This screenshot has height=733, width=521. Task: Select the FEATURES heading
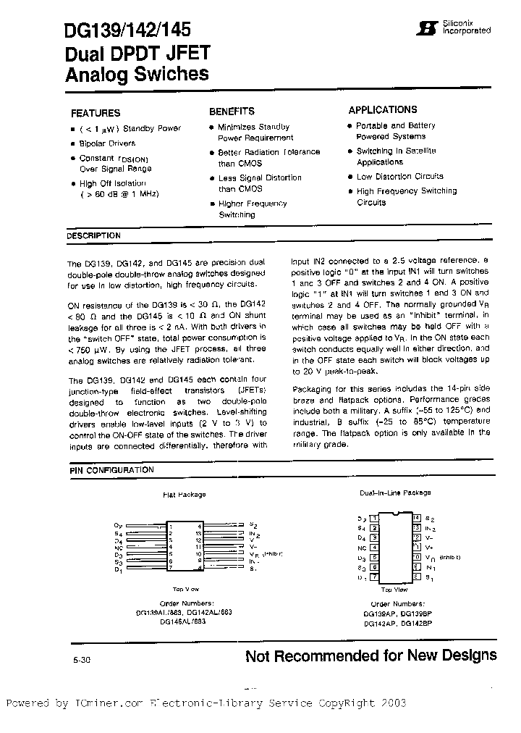pos(96,113)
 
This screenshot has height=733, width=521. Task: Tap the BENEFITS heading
pos(232,112)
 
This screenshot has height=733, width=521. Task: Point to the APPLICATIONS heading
pos(383,110)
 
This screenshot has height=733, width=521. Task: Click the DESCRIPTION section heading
pos(94,235)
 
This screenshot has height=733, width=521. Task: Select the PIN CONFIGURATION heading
pos(111,470)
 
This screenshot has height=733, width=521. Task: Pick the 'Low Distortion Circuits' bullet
pos(400,176)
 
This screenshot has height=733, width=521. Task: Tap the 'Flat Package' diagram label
pos(184,495)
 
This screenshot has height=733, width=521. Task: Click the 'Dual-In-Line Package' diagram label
pos(395,493)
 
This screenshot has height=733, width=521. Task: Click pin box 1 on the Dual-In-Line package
pos(373,518)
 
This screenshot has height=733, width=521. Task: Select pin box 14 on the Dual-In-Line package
pos(417,518)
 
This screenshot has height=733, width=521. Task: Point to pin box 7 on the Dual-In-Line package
pos(373,577)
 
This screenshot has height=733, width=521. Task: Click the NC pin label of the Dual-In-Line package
pos(361,548)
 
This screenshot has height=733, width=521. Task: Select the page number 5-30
pos(82,661)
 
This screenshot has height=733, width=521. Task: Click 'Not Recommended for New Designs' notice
pos(370,655)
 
